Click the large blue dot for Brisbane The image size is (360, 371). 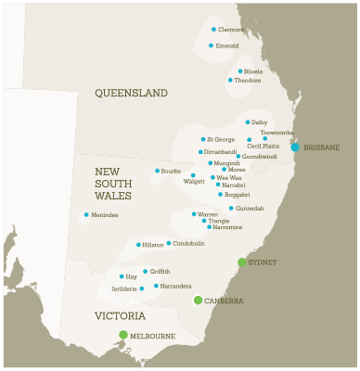[x=295, y=147]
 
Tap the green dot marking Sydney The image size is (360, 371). [x=242, y=262]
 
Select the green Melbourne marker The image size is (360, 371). [x=123, y=335]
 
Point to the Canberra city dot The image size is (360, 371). [x=198, y=300]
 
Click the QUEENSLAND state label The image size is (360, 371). [x=131, y=93]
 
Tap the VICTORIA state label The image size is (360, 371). [x=120, y=316]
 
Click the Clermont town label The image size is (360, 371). [x=230, y=30]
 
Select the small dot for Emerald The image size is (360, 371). [x=211, y=45]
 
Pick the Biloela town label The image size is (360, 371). [x=253, y=71]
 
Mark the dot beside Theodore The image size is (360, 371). [x=230, y=81]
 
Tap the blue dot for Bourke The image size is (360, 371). [x=157, y=171]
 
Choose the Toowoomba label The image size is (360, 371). [x=276, y=133]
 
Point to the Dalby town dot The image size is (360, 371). [x=248, y=122]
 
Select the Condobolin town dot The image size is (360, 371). [x=168, y=244]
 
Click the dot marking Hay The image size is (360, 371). [x=122, y=276]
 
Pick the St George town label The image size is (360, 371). [x=220, y=140]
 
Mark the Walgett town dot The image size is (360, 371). [x=193, y=175]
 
